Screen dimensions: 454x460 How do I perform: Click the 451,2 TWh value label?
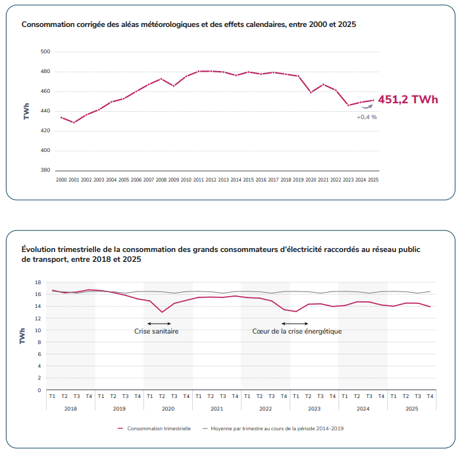(407, 100)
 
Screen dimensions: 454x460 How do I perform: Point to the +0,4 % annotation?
(367, 117)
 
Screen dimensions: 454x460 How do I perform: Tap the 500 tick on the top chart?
(45, 51)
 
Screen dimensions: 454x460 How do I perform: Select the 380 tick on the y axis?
(45, 170)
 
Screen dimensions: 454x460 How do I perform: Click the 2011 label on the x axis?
(199, 180)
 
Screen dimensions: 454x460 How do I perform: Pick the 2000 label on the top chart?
(61, 180)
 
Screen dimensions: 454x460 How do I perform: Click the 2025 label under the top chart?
(373, 180)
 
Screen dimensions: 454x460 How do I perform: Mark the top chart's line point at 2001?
(74, 122)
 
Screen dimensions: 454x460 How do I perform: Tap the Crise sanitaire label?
(157, 331)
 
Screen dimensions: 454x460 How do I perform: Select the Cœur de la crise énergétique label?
(297, 331)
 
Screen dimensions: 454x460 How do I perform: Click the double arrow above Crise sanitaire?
(159, 323)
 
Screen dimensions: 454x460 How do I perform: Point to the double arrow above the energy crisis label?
(295, 323)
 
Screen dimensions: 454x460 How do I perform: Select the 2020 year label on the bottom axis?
(168, 408)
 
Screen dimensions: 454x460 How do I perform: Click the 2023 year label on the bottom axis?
(314, 408)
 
